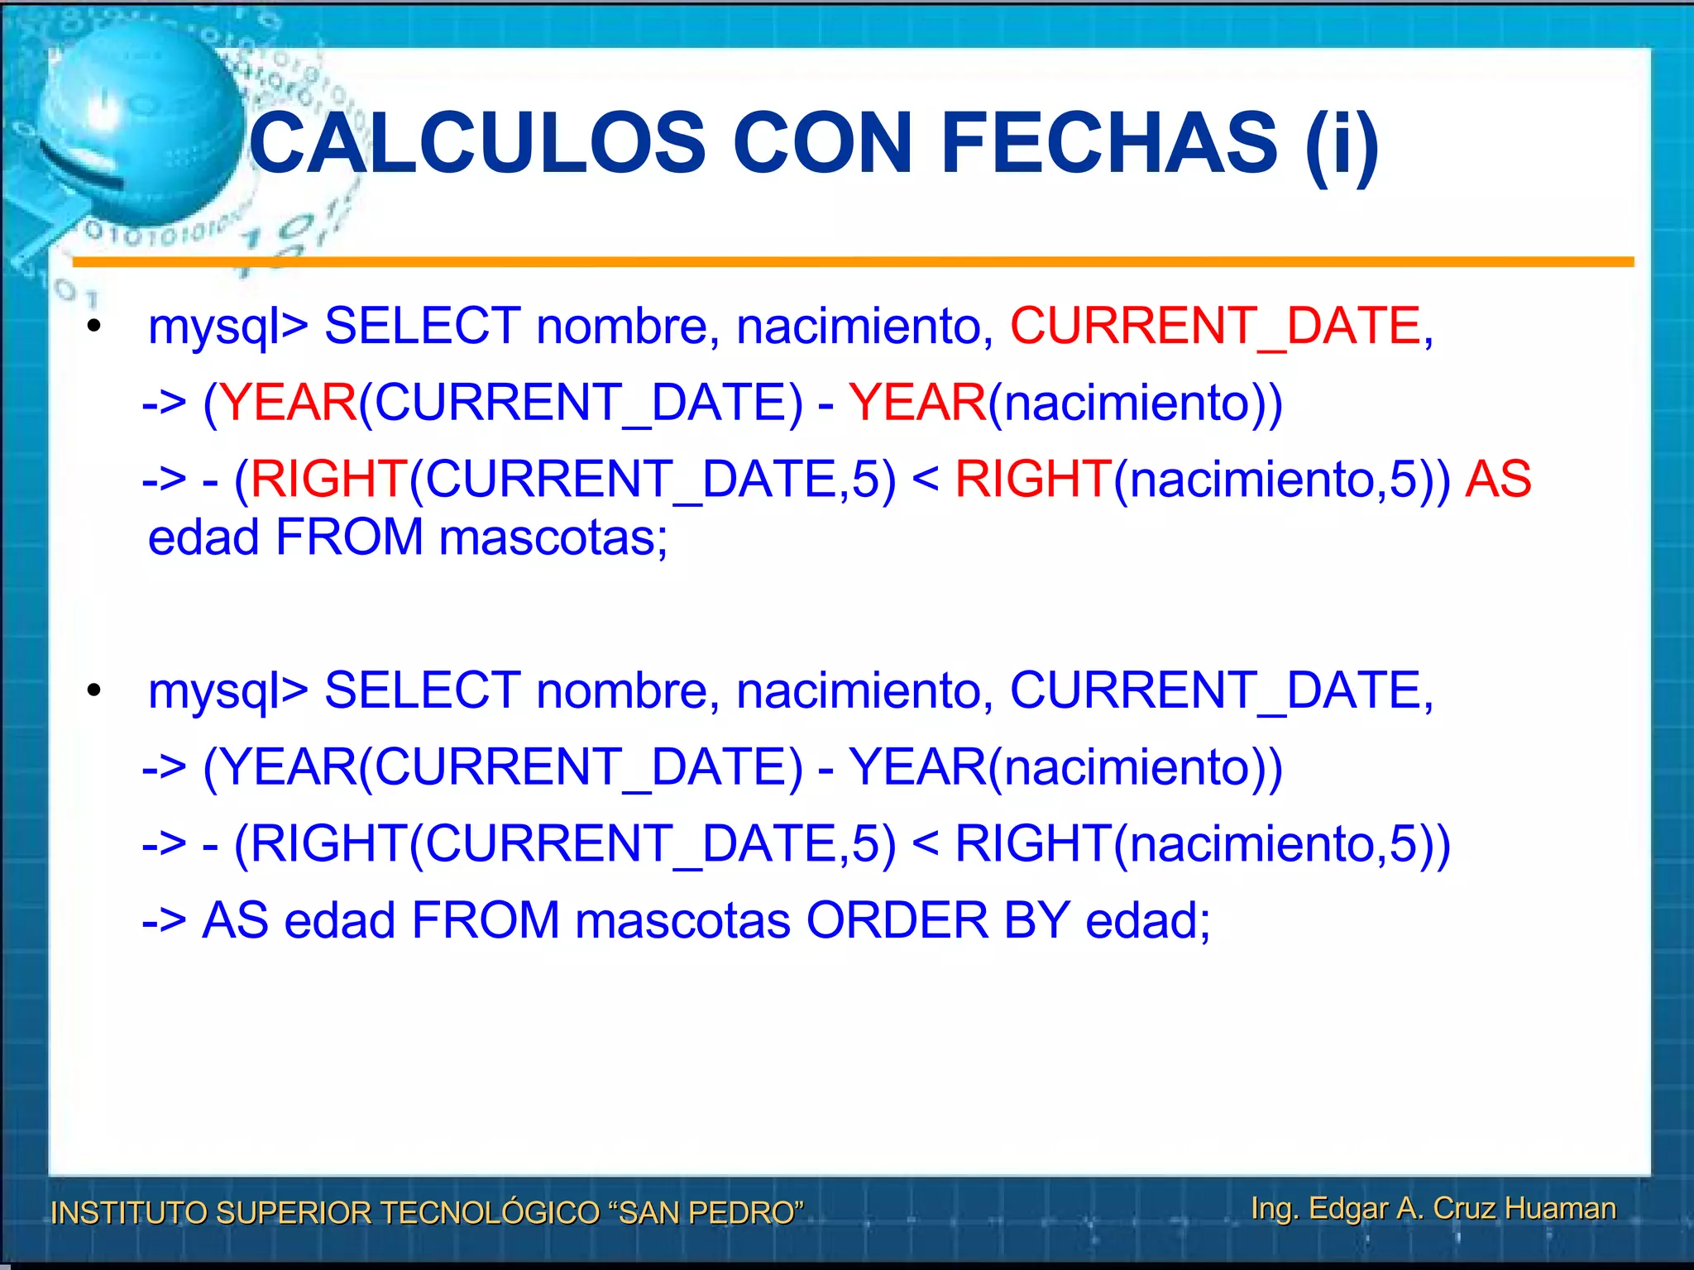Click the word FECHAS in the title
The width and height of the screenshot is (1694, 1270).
[x=1109, y=144]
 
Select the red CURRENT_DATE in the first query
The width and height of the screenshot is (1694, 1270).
[x=1215, y=325]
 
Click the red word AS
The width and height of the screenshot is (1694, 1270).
[x=1498, y=479]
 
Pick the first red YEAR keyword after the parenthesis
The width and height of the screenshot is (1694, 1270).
[x=288, y=403]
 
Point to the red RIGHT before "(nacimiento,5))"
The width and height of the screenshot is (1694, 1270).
[x=1032, y=479]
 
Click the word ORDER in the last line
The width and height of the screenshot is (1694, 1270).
[x=897, y=920]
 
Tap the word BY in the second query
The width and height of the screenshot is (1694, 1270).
[x=1037, y=920]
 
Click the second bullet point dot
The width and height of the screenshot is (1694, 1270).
[x=94, y=690]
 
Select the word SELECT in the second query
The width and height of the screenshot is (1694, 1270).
[x=423, y=690]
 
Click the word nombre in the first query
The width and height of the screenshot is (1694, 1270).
[x=621, y=326]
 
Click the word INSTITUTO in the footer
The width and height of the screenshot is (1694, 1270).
[x=128, y=1213]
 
